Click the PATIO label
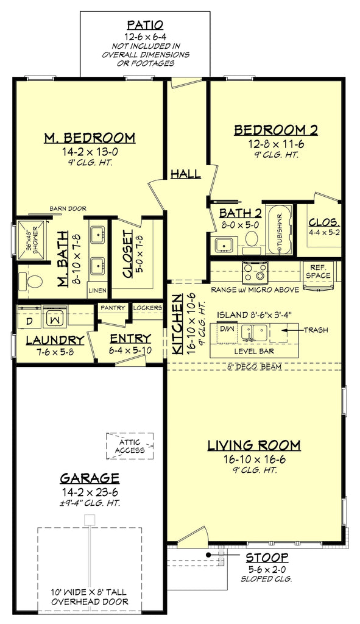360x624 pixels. (145, 25)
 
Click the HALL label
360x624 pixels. (186, 174)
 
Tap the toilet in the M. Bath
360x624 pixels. (34, 282)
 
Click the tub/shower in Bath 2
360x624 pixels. (280, 232)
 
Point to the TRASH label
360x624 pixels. (316, 330)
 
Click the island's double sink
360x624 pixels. (255, 332)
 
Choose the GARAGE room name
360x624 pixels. (90, 478)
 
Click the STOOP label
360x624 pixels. (267, 557)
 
